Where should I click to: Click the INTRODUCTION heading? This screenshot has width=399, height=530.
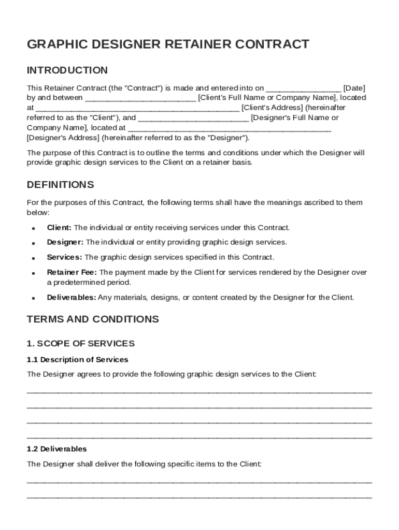[67, 70]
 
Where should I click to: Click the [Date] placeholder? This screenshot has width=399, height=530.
[354, 88]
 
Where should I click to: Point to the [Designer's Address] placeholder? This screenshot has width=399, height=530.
[63, 138]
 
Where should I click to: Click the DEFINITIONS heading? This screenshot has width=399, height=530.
[60, 185]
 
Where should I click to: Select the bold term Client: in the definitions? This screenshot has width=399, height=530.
[60, 228]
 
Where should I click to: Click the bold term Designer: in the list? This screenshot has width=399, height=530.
[65, 242]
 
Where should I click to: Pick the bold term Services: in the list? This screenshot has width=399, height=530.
[64, 257]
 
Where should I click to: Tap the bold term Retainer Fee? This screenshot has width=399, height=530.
[72, 272]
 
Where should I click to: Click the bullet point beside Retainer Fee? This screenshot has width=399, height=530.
[33, 273]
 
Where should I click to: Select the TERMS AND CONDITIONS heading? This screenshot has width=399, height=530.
[93, 319]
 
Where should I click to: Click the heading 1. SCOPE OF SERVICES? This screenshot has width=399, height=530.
[80, 344]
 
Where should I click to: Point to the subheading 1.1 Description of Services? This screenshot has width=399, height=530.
[77, 359]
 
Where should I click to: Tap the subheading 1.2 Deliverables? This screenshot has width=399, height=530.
[56, 449]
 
